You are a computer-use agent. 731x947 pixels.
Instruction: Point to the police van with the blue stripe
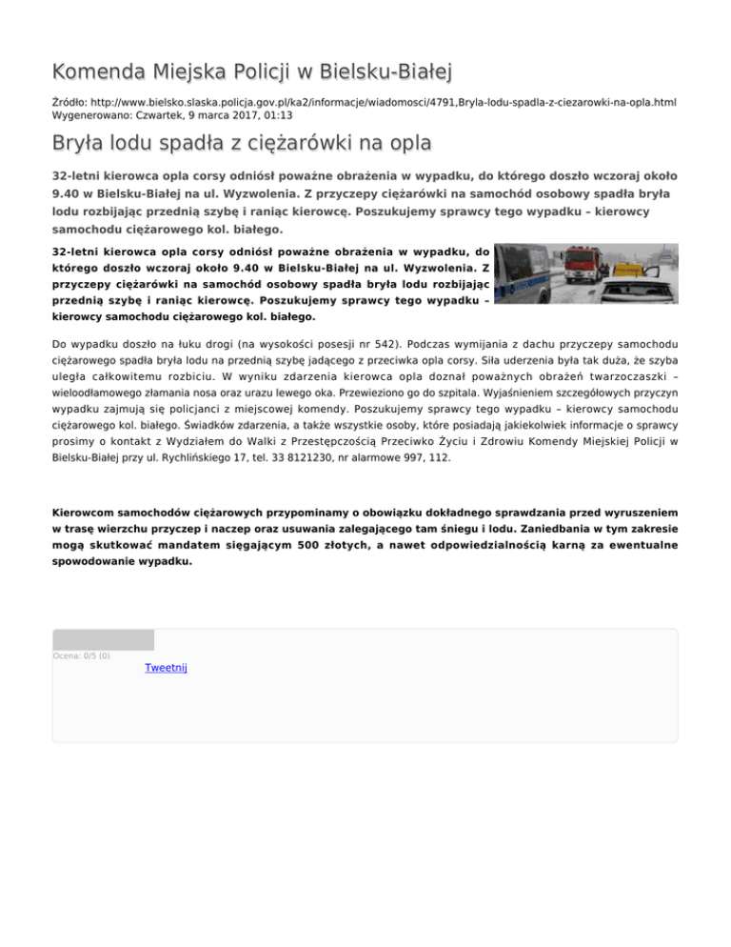(522, 272)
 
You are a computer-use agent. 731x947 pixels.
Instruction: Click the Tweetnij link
(166, 669)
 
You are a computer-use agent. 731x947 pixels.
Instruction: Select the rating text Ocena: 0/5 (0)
(81, 655)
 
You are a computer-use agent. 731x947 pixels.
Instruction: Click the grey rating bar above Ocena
(103, 639)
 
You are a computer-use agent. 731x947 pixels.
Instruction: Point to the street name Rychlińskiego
(188, 457)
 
